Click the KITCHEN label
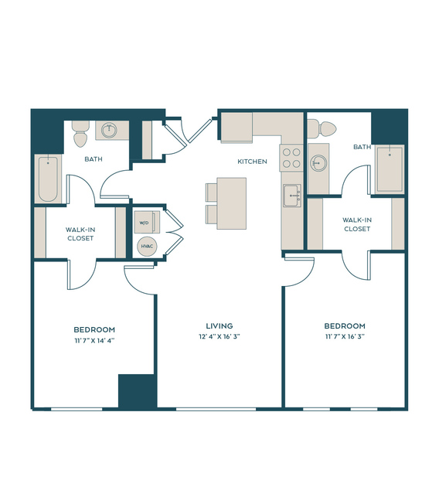point(252,162)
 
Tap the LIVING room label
point(219,325)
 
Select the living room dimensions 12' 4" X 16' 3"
point(219,336)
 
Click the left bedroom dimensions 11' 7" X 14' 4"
point(94,341)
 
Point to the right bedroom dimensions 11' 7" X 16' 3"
point(345,336)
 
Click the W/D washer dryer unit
point(147,222)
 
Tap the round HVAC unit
point(147,246)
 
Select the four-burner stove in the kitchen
point(291,158)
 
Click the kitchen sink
point(292,196)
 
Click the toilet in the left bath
point(80,134)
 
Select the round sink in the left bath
point(109,130)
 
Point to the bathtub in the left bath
point(48,179)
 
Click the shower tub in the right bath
point(390,169)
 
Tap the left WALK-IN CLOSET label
point(80,233)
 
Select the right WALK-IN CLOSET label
point(357,224)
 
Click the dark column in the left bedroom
point(138,391)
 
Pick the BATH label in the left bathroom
point(94,159)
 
